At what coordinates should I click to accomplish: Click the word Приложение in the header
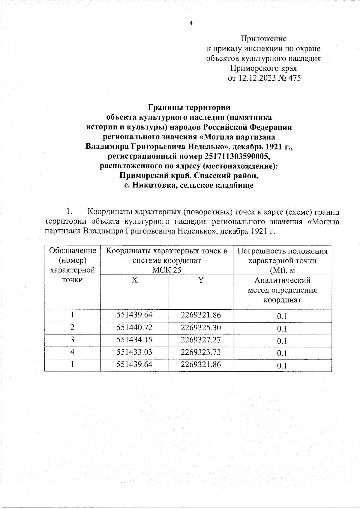[263, 39]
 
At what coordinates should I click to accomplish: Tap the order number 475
[294, 78]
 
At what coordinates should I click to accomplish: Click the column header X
[135, 280]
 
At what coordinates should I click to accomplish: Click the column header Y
[201, 280]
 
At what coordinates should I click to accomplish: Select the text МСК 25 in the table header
[167, 270]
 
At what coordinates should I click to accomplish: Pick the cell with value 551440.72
[135, 328]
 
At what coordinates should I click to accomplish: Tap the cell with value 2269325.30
[201, 328]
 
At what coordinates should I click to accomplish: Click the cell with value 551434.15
[135, 340]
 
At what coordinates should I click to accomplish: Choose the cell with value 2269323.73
[201, 352]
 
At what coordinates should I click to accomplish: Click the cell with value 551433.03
[135, 352]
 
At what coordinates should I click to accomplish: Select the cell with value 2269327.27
[201, 340]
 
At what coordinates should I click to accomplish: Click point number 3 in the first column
[72, 340]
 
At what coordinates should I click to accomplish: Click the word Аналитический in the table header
[282, 281]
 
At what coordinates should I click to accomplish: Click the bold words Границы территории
[189, 108]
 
